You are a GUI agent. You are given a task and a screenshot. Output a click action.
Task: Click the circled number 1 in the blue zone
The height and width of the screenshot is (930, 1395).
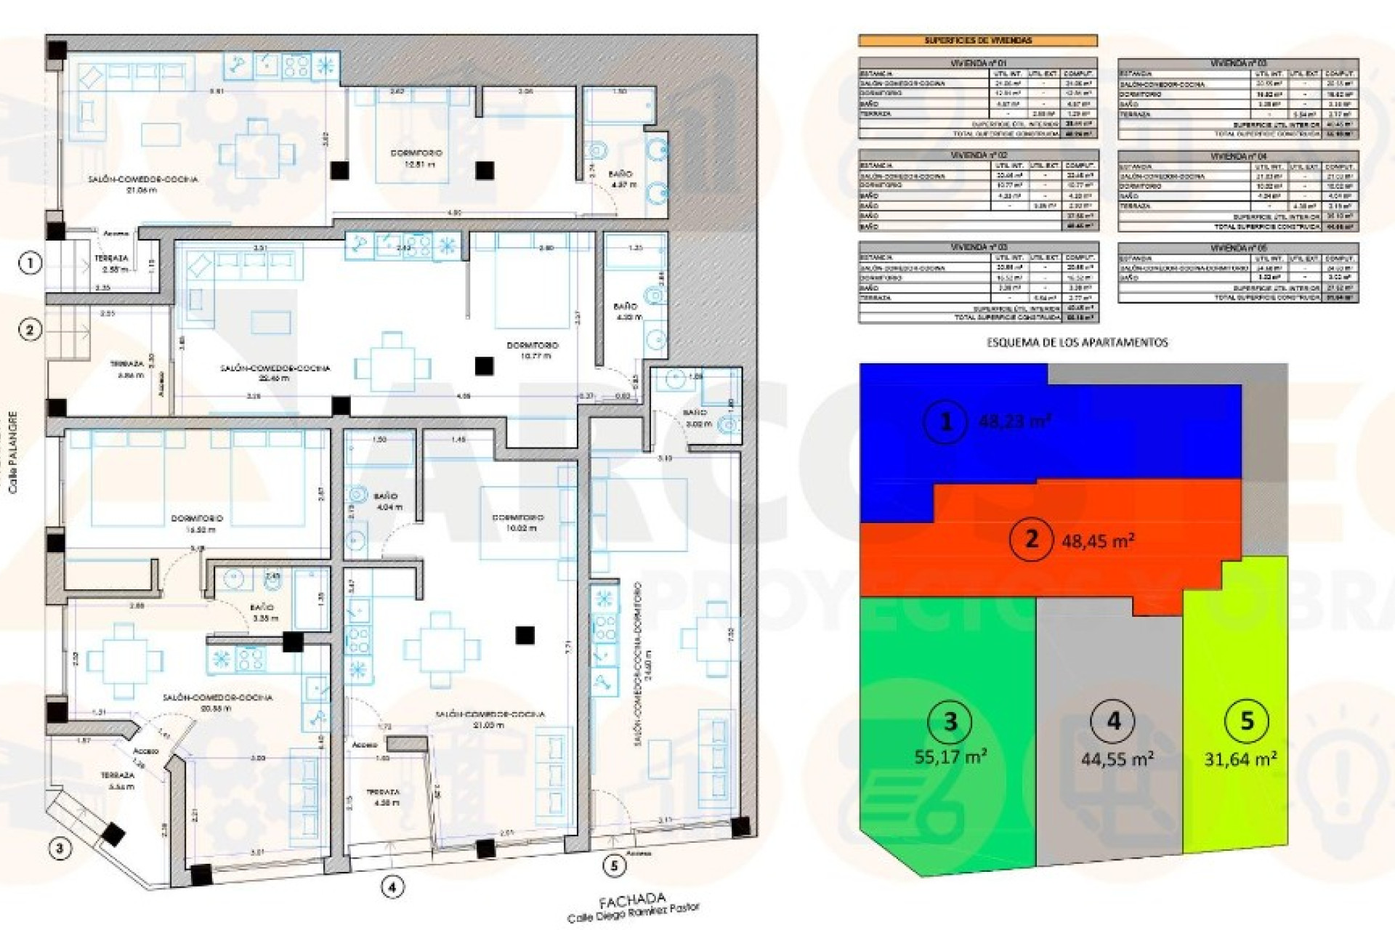pyautogui.click(x=946, y=421)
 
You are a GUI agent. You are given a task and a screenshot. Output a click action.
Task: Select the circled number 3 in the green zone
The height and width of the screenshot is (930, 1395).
pyautogui.click(x=950, y=722)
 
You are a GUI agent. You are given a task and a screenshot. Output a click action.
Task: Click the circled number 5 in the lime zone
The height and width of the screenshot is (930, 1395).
pyautogui.click(x=1248, y=721)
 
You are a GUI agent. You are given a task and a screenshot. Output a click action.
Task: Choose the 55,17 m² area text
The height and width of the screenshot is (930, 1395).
pyautogui.click(x=950, y=757)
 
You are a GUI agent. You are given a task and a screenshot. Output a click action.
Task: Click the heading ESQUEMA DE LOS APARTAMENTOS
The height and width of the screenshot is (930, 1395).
pyautogui.click(x=1077, y=342)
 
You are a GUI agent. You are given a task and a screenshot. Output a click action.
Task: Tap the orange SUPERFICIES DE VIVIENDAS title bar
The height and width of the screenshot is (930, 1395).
pyautogui.click(x=978, y=41)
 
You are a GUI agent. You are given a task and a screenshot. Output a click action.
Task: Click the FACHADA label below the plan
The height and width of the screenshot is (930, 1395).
pyautogui.click(x=623, y=902)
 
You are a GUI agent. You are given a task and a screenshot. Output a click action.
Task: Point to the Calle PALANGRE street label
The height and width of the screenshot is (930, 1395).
pyautogui.click(x=13, y=453)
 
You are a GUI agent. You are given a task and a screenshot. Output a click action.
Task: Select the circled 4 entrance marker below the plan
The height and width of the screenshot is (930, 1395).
pyautogui.click(x=392, y=887)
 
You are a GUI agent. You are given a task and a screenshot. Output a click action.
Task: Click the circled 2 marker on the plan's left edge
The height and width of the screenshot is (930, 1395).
pyautogui.click(x=30, y=330)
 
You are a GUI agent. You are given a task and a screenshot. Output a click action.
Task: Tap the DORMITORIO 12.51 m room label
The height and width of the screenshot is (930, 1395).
pyautogui.click(x=416, y=158)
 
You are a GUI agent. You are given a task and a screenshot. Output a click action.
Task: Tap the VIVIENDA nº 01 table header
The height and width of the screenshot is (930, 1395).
pyautogui.click(x=978, y=64)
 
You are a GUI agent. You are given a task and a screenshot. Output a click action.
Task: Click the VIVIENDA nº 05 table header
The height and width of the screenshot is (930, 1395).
pyautogui.click(x=1237, y=248)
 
